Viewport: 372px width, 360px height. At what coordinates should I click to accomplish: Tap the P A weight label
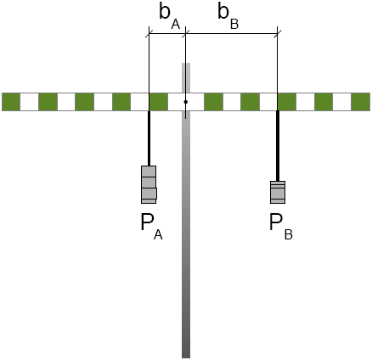[x=151, y=227]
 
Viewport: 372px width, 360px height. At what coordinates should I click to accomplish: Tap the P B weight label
[x=280, y=227]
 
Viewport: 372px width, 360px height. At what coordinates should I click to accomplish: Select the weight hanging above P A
[x=149, y=184]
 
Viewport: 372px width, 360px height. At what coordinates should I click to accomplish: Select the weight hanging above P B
[x=278, y=192]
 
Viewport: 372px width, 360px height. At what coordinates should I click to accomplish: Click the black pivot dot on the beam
[x=186, y=102]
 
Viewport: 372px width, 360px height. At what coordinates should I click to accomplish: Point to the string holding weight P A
[x=149, y=138]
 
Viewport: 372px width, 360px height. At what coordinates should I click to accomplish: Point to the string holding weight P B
[x=278, y=146]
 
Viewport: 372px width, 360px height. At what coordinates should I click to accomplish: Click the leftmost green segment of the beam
[x=11, y=102]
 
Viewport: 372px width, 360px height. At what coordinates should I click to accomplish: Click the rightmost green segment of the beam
[x=361, y=102]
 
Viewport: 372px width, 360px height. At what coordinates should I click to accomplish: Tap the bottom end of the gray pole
[x=186, y=357]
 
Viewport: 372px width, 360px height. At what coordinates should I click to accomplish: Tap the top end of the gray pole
[x=186, y=64]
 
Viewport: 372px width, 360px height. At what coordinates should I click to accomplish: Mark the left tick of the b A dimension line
[x=149, y=34]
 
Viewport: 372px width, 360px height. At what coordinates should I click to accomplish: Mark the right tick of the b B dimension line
[x=278, y=34]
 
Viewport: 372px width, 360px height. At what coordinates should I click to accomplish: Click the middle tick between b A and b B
[x=185, y=34]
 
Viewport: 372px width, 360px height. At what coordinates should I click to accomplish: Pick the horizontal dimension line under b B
[x=231, y=34]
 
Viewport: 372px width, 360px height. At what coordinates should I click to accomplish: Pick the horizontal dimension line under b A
[x=167, y=34]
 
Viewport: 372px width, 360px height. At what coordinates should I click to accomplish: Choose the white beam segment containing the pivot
[x=186, y=102]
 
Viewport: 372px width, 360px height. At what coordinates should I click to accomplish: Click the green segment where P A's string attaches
[x=159, y=102]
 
